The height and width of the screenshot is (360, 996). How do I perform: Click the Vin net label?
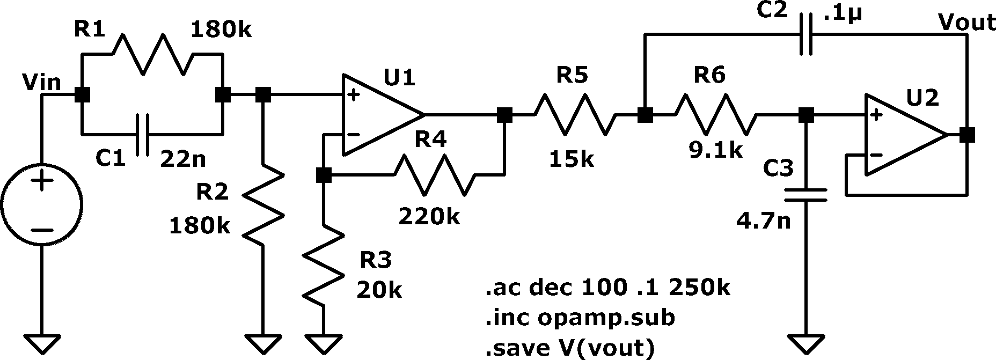point(41,83)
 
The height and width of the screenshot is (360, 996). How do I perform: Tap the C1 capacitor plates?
point(142,134)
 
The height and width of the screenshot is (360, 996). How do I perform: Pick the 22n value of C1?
point(183,159)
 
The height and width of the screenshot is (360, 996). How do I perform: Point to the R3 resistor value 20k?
point(379,290)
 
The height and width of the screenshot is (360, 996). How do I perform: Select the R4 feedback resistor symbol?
point(435,174)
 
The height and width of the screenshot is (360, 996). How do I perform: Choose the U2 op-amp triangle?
point(906,135)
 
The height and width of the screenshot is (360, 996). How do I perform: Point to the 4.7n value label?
point(764,221)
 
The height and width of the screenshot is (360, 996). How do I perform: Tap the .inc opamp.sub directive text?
point(580,318)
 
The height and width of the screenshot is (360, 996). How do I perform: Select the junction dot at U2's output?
point(967,135)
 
